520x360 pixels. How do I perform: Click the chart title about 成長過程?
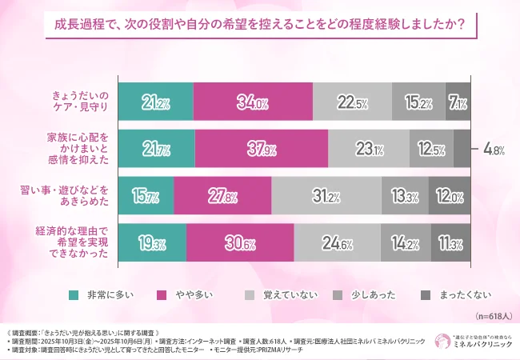[x=260, y=23]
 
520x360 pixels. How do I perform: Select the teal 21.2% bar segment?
[x=156, y=102]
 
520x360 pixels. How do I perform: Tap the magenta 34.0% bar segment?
[x=253, y=102]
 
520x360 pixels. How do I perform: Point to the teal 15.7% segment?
[x=146, y=195]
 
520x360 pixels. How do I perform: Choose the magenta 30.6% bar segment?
[x=240, y=242]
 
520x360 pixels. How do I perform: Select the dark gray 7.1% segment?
[x=458, y=102]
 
